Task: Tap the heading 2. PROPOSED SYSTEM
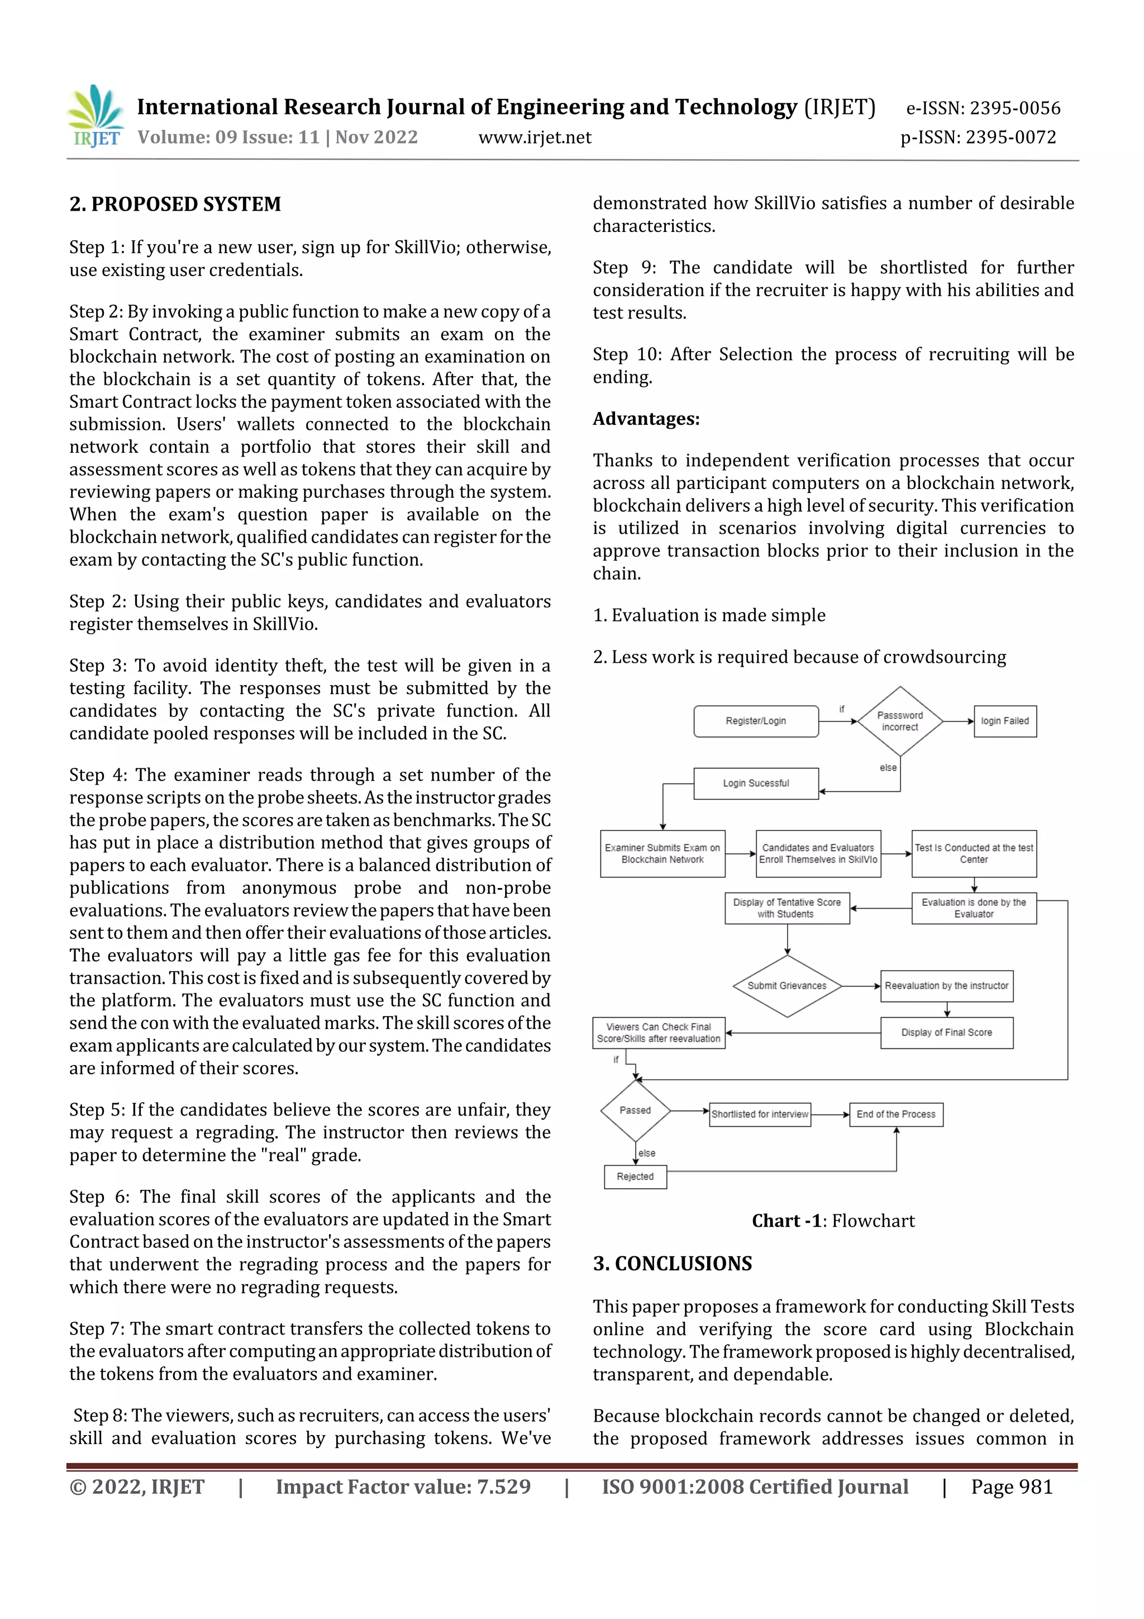point(175,205)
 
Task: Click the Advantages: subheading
point(646,419)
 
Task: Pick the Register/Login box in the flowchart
point(756,721)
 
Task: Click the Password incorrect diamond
point(900,721)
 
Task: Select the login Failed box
point(1004,721)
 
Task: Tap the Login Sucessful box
point(756,783)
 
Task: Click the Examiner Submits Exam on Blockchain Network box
point(662,853)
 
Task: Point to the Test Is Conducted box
point(974,853)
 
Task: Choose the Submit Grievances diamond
point(786,986)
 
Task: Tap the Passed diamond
point(635,1110)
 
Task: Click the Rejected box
point(635,1176)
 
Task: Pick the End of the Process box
point(895,1114)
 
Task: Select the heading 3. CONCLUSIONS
point(673,1263)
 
